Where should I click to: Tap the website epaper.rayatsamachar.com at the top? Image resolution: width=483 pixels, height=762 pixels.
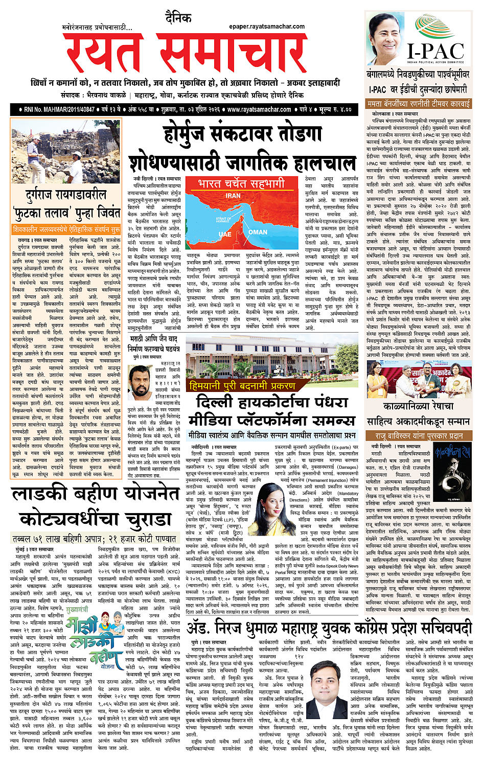click(x=267, y=27)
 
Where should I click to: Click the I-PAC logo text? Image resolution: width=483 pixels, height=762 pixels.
click(x=435, y=51)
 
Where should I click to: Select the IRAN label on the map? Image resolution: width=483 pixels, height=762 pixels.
click(x=233, y=196)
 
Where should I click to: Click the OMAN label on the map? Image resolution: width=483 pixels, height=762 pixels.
click(x=258, y=232)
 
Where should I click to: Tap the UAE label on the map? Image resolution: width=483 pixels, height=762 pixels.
click(x=225, y=234)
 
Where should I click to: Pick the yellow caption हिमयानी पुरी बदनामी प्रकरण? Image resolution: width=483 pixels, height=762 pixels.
click(x=242, y=386)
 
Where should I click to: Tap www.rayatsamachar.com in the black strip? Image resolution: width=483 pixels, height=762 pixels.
click(x=259, y=109)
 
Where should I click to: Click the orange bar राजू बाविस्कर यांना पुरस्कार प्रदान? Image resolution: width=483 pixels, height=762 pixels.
click(x=419, y=436)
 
